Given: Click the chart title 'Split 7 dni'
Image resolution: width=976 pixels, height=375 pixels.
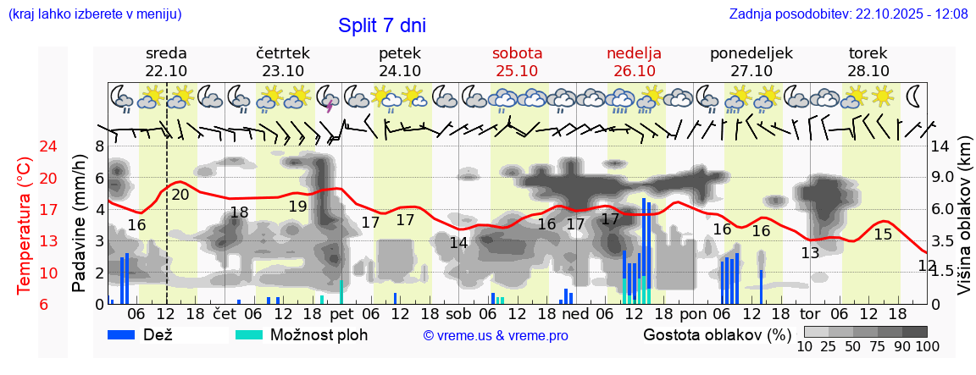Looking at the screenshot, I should click(x=381, y=25).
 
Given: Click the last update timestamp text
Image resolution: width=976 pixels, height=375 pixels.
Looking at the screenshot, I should click(x=848, y=14).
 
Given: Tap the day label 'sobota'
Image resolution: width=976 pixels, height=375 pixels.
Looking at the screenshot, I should click(x=517, y=53).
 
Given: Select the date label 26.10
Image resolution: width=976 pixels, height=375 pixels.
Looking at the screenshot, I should click(x=634, y=71).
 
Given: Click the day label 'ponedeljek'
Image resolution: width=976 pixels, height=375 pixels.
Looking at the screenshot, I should click(x=751, y=53).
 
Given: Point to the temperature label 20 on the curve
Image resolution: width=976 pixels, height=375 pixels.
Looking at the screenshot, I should click(x=180, y=195).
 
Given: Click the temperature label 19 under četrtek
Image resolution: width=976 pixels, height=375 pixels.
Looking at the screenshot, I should click(x=297, y=207).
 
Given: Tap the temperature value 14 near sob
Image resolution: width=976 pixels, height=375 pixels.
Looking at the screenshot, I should click(x=458, y=243).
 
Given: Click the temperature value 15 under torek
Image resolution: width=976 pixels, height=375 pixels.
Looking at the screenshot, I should click(x=883, y=234).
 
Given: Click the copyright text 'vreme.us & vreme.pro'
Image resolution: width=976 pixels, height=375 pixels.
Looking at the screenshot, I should click(x=496, y=336).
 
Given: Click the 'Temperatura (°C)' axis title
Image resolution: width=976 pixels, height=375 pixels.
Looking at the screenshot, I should click(x=25, y=226).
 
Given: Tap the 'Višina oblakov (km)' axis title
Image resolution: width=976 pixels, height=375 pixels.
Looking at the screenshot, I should click(x=964, y=226).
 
